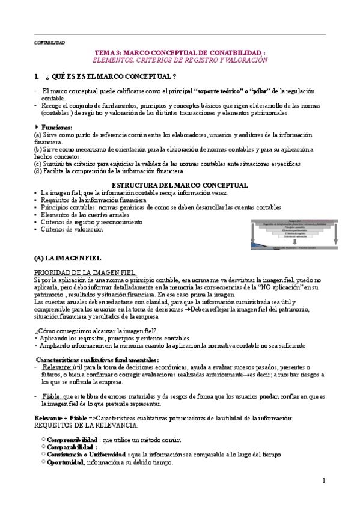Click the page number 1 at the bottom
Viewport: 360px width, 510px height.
click(x=323, y=481)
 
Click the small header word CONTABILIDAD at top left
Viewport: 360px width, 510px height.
click(x=49, y=43)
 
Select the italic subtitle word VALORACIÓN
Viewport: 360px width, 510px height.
click(x=245, y=61)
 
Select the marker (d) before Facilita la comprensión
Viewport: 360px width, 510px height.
click(x=38, y=171)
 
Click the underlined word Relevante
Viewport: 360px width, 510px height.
click(x=58, y=367)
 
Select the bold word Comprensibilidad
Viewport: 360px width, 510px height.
click(x=72, y=440)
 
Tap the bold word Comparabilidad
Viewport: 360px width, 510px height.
click(x=72, y=447)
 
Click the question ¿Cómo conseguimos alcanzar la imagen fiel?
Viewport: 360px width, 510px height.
click(x=96, y=331)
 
